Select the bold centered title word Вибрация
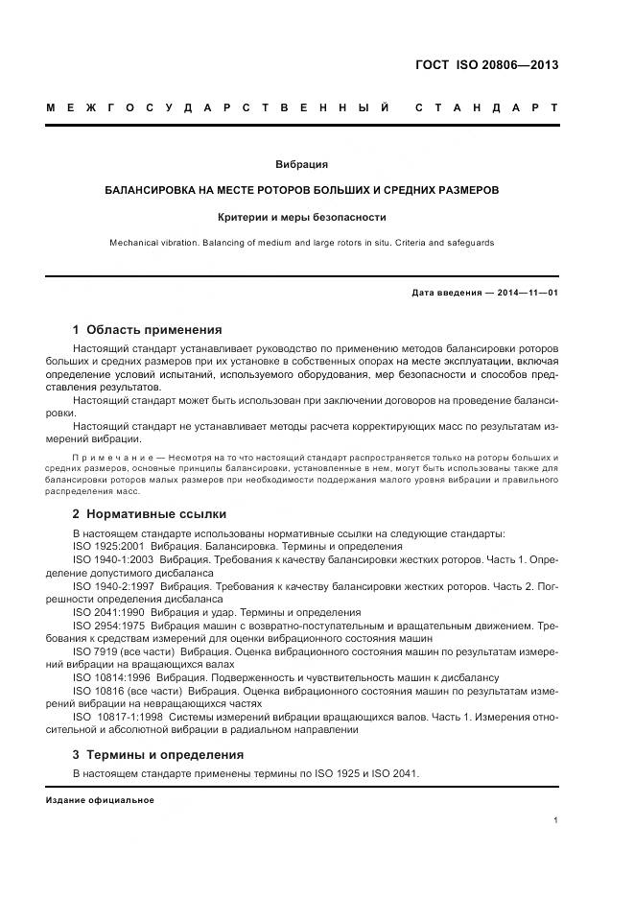click(301, 165)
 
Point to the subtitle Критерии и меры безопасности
click(301, 217)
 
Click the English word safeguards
click(469, 244)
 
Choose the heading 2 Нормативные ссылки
click(146, 513)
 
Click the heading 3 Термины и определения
click(158, 754)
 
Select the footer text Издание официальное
click(99, 800)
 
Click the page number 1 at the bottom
click(556, 820)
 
